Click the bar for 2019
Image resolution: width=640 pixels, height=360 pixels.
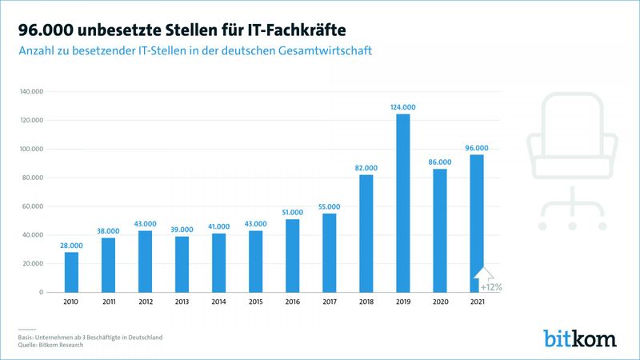coord(403,203)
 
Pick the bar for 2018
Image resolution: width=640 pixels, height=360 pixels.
coord(366,233)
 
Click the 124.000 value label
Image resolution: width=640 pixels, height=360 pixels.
coord(403,106)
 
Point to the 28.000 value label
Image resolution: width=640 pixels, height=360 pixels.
coord(72,245)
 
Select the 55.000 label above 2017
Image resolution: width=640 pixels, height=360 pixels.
coord(330,206)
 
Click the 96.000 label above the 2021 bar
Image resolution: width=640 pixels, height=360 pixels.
coord(477,147)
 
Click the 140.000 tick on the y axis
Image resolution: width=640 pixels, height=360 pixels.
coord(31,92)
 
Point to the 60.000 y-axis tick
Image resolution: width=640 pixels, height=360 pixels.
coord(33,206)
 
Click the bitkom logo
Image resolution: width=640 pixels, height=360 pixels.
coord(580,337)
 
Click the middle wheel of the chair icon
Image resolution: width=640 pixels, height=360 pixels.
coord(573,226)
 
